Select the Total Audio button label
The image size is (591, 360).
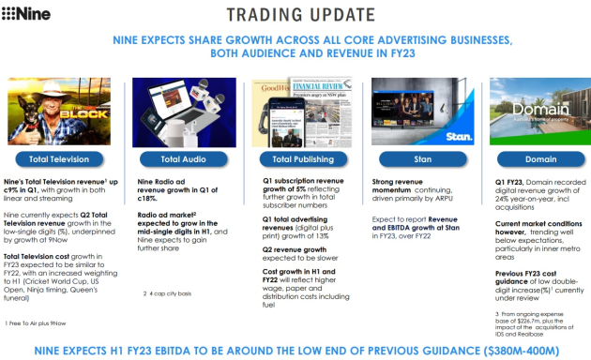click(179, 159)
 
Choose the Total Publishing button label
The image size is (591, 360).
click(295, 159)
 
